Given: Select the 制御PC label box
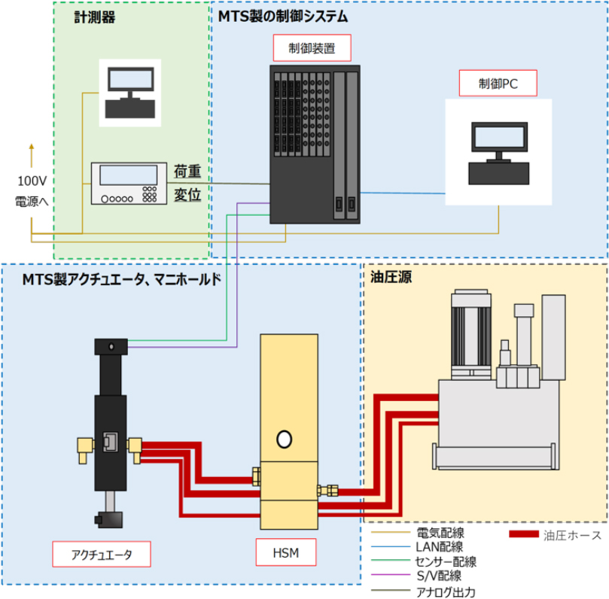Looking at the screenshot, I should [498, 84].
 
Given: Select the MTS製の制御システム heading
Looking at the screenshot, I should [282, 15].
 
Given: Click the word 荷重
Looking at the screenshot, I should [187, 170].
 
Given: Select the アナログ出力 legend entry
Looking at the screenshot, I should [445, 591].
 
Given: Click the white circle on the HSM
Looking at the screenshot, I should [285, 437].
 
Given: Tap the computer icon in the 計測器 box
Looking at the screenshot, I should [131, 93].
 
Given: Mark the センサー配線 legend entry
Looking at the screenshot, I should [445, 561].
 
